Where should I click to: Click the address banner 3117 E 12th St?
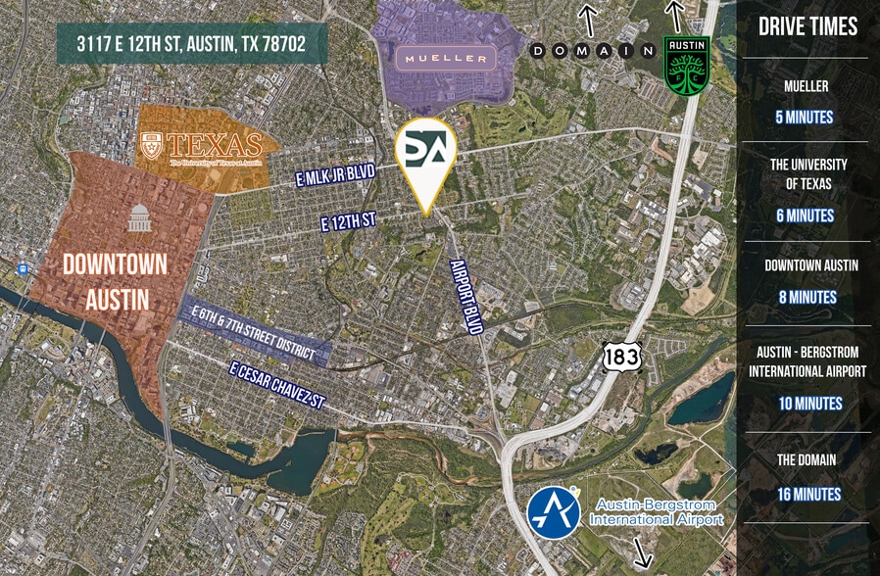click(191, 45)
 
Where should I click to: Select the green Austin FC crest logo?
click(687, 67)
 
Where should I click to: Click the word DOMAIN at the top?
click(593, 50)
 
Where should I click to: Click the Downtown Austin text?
click(115, 281)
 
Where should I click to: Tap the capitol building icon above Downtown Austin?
click(138, 217)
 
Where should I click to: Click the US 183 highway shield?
click(621, 356)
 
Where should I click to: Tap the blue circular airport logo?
click(555, 512)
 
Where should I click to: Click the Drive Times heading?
click(807, 27)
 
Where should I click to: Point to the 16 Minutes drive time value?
click(807, 494)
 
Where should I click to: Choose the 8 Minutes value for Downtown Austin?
click(807, 297)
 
